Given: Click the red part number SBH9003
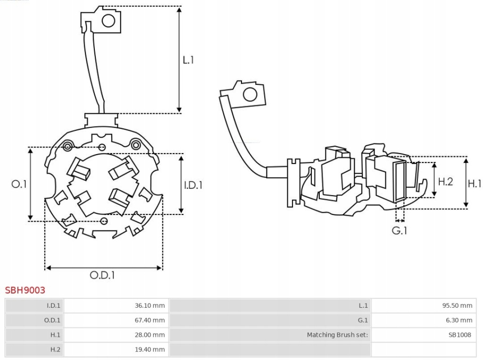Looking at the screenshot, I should tap(25, 290).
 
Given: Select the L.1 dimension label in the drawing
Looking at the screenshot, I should tap(188, 60).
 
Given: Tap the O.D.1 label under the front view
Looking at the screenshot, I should tap(102, 275).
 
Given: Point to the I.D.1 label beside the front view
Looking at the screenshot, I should tap(193, 185).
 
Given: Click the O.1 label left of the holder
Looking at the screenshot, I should tap(19, 184).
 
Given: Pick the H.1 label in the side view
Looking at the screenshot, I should tap(474, 183).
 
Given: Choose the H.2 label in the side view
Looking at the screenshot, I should tap(445, 181).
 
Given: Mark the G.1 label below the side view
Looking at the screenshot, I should tap(400, 230).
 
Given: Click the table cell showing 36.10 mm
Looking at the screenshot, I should tap(150, 305).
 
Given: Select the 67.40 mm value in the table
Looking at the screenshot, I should tap(150, 320).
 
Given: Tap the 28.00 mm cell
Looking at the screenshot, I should tap(150, 335).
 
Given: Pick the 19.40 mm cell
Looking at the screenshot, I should tap(150, 349).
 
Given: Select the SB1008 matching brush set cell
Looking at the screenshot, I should tap(460, 335).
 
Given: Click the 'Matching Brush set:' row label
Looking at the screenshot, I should tap(337, 335).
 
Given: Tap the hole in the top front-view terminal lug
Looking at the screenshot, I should tap(108, 21).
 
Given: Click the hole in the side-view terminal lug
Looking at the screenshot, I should tap(249, 95).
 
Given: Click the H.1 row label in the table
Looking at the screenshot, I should tap(55, 335).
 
